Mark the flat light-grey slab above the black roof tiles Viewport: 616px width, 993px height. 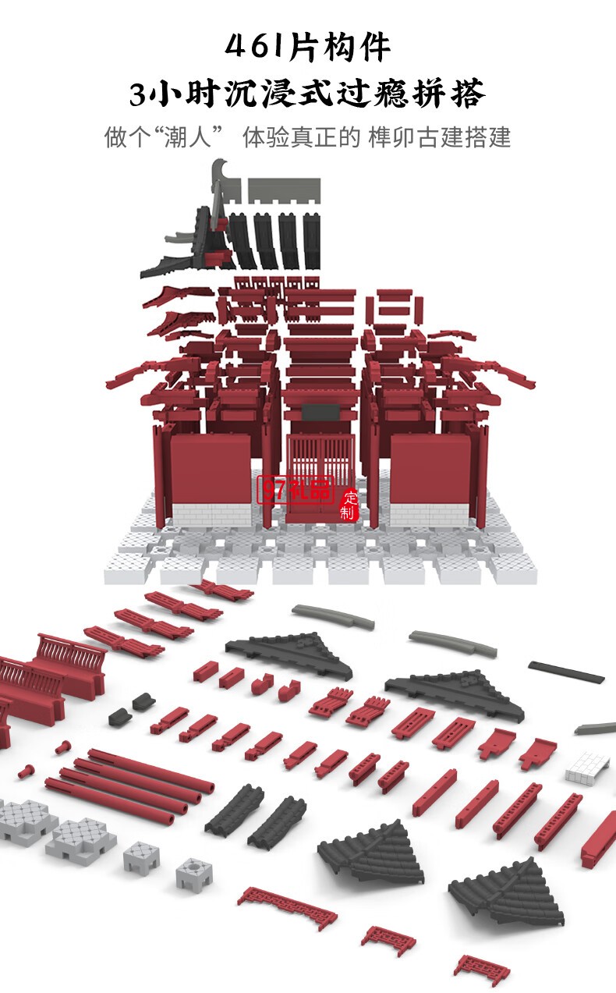(284, 187)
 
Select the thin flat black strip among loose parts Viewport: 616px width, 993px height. (566, 672)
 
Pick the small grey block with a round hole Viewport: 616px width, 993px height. (193, 874)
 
